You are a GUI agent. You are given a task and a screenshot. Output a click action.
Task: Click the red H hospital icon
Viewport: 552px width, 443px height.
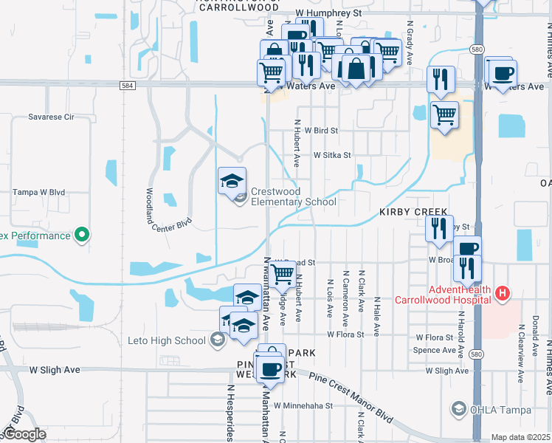503,294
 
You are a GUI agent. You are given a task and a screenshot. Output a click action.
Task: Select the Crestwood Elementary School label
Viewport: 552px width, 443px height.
293,196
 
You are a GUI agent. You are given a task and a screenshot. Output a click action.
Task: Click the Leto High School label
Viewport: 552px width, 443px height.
178,340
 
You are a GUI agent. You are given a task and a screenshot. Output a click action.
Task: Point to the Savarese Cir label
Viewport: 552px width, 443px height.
51,117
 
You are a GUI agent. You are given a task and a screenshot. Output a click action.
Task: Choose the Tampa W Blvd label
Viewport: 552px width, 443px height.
38,192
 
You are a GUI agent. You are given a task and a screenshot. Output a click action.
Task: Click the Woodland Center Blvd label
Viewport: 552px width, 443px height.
169,211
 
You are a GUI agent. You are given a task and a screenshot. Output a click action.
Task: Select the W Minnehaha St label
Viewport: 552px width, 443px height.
303,405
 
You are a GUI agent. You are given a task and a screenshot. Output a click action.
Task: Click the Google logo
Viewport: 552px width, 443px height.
24,434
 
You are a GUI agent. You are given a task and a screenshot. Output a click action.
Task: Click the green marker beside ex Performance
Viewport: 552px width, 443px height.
83,236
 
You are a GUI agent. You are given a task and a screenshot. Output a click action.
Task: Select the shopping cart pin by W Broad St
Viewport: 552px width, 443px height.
283,275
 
